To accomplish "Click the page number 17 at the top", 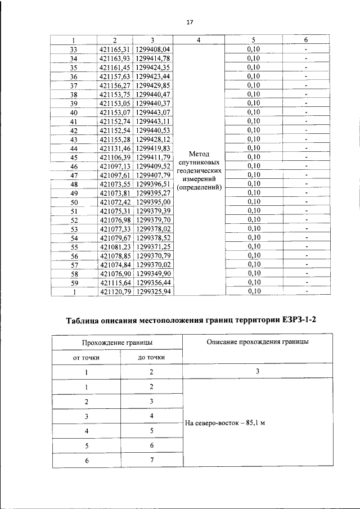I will [x=190, y=22].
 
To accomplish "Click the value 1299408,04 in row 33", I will [x=152, y=49].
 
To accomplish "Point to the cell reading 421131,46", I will [x=114, y=148].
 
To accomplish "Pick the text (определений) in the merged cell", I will [x=199, y=187].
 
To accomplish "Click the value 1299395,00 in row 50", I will [x=152, y=202].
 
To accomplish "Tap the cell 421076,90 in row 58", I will [x=114, y=273].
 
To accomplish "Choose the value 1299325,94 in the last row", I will [x=152, y=291].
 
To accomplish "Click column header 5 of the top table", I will [x=254, y=40].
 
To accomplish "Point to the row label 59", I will [x=73, y=282].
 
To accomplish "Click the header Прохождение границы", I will [x=118, y=343].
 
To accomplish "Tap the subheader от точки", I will [x=87, y=358].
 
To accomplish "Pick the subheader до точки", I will [x=151, y=358].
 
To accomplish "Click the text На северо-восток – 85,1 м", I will [x=224, y=423].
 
